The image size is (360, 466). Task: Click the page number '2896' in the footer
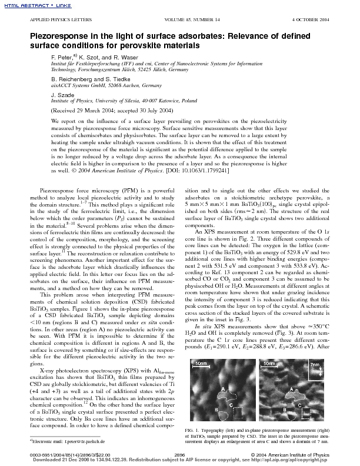pyautogui.click(x=180, y=455)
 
